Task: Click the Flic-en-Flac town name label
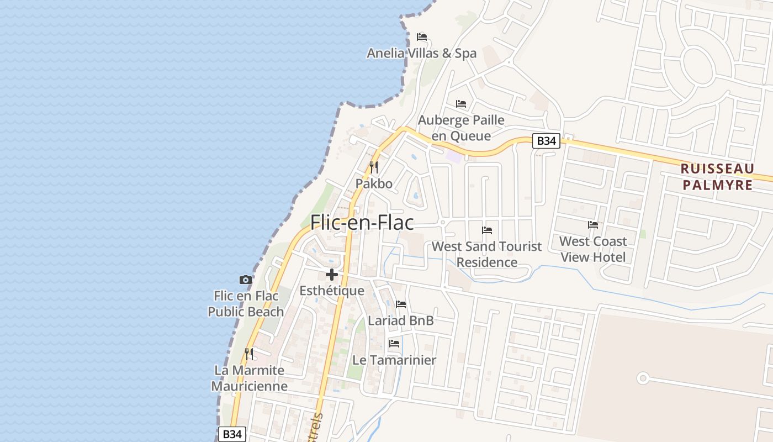tap(362, 222)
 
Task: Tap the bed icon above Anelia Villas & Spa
tap(422, 37)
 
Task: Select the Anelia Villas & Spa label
tap(422, 54)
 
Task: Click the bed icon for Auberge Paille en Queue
tap(461, 103)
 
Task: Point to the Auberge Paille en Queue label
tap(461, 128)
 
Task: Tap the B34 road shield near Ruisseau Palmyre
tap(546, 141)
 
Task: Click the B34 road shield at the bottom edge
tap(232, 434)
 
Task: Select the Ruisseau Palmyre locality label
tap(717, 177)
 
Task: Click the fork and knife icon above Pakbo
tap(374, 167)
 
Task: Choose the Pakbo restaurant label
tap(374, 183)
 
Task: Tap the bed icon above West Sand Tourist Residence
tap(487, 230)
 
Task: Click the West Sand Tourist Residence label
tap(487, 254)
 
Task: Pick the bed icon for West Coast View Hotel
tap(593, 225)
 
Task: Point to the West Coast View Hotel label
tap(593, 249)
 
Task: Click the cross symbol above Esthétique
tap(331, 274)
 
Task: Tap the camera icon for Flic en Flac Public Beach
tap(245, 280)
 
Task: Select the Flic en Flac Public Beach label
tap(246, 304)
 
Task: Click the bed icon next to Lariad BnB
tap(401, 304)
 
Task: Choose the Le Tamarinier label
tap(394, 360)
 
